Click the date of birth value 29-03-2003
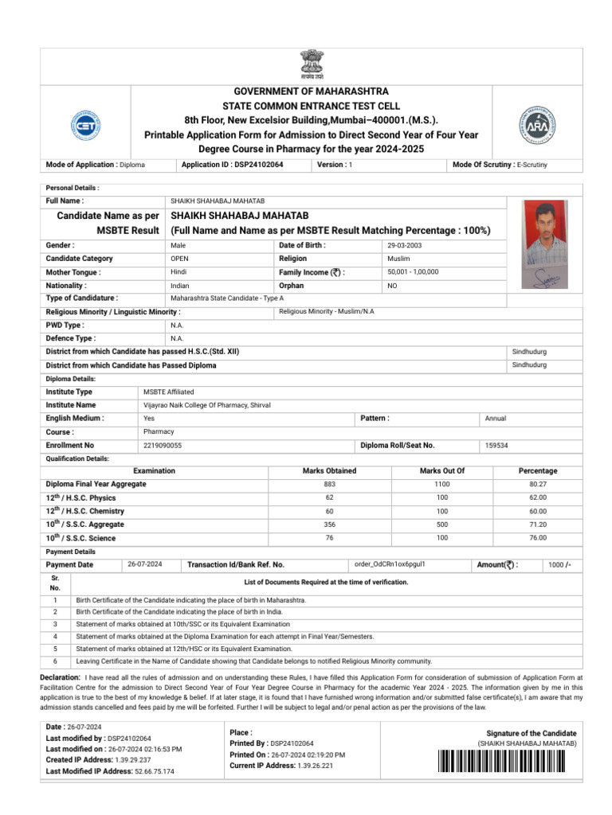[x=405, y=246]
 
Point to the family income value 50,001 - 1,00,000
[x=413, y=272]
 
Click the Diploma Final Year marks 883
[x=329, y=485]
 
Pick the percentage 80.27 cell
[x=538, y=485]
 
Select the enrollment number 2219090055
[x=163, y=446]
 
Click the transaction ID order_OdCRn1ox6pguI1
[x=390, y=564]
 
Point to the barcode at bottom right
[x=508, y=762]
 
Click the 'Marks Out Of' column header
[x=441, y=471]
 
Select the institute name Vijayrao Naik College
[x=206, y=405]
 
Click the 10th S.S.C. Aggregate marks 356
[x=329, y=524]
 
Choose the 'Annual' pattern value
[x=496, y=419]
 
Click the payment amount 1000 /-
[x=559, y=565]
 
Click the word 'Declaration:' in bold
[x=60, y=677]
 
